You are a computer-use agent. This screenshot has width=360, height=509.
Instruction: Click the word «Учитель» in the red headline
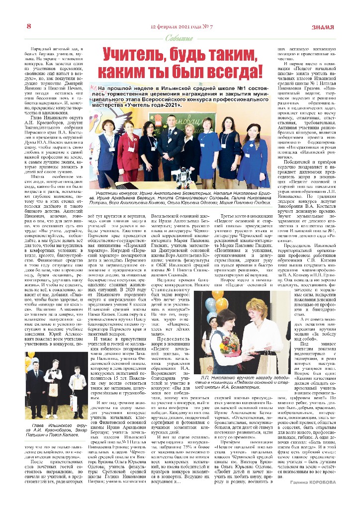click(130, 54)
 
